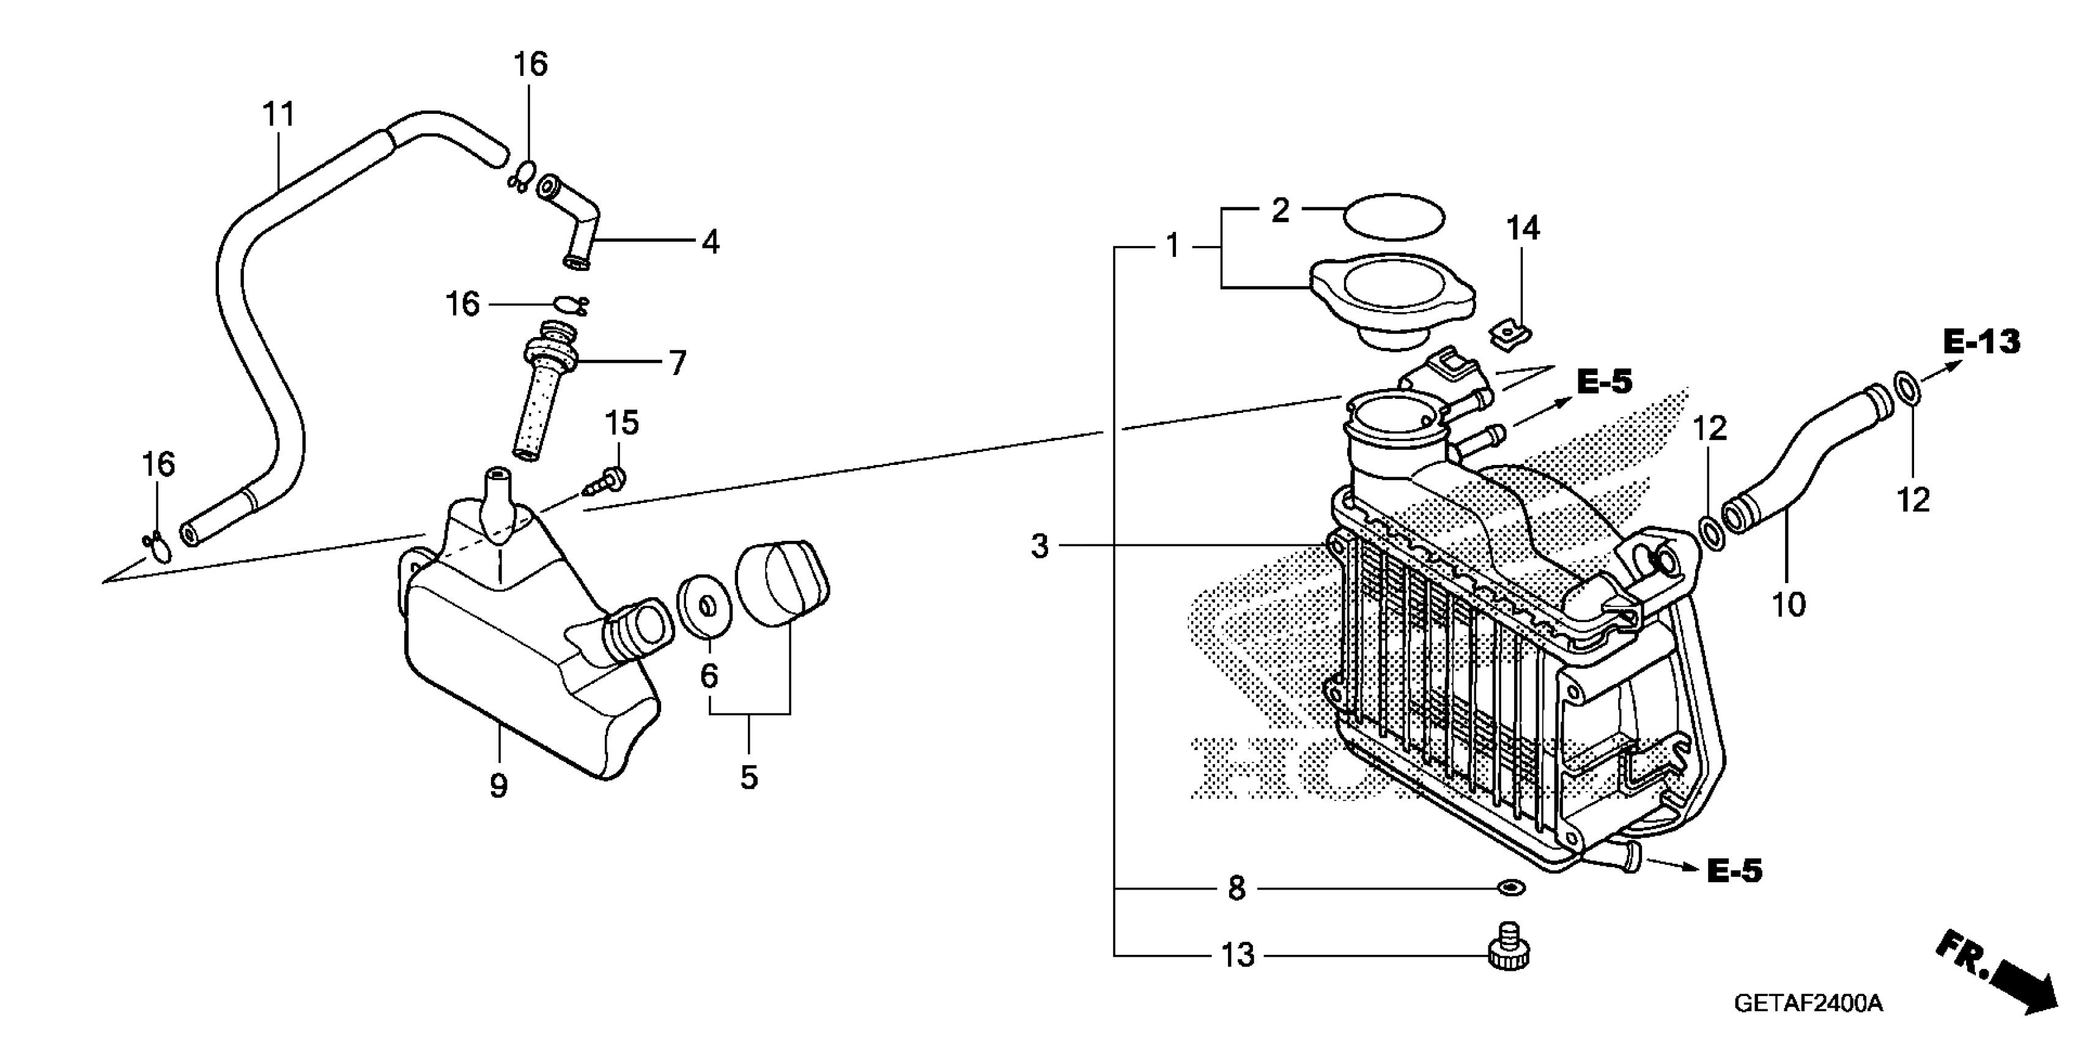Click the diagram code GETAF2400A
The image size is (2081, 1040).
1807,1004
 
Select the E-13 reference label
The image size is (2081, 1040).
1981,342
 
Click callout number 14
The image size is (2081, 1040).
1522,229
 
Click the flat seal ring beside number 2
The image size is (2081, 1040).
1394,217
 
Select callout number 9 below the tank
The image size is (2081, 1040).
498,784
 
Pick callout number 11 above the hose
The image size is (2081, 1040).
279,115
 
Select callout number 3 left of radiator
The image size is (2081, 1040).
1040,546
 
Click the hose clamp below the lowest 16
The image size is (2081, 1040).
158,547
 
